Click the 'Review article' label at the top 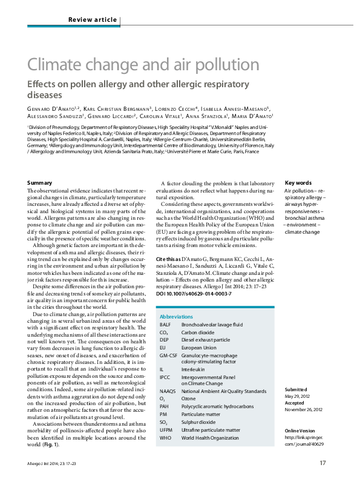click(93, 20)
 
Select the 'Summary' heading click(40, 183)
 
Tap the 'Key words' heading click(298, 183)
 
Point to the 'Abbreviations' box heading click(177, 317)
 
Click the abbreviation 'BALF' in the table click(166, 325)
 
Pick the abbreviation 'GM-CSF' click(169, 356)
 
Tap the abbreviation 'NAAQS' click(168, 391)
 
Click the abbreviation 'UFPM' click(166, 429)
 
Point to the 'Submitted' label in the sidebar click(296, 389)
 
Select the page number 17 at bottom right click(323, 463)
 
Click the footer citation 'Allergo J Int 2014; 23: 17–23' click(56, 463)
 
